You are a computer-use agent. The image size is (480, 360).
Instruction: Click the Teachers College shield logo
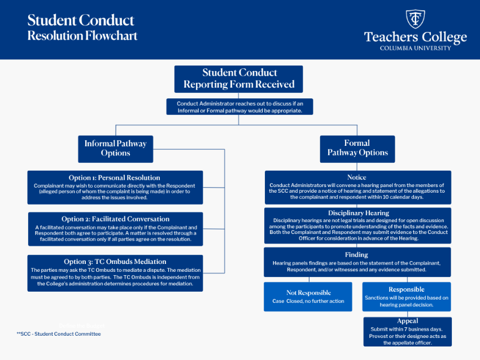416,19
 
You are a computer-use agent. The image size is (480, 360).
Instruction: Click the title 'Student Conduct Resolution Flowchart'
82,28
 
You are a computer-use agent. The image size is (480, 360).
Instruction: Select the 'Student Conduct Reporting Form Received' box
238,79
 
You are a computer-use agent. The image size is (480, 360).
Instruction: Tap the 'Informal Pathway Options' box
115,148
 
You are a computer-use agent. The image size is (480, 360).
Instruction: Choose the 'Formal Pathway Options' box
357,148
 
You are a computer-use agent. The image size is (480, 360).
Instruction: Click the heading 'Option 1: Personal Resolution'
115,177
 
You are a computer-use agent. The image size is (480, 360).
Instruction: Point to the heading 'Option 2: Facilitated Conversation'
115,219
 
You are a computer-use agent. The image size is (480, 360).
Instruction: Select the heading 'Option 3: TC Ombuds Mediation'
115,262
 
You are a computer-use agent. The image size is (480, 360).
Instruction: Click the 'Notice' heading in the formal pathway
357,177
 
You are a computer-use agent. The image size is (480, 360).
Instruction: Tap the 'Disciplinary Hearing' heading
358,213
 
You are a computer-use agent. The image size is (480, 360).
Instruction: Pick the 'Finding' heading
357,255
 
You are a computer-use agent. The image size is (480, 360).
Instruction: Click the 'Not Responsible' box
308,296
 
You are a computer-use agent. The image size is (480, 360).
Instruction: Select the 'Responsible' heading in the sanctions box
407,289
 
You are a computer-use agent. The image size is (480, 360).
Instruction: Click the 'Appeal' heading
407,321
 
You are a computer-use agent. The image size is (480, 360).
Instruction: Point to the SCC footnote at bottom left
59,334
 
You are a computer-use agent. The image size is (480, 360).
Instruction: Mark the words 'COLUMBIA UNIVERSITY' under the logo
415,49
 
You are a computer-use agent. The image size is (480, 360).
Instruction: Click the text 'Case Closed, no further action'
308,301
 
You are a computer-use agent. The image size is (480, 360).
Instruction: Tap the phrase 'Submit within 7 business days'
407,329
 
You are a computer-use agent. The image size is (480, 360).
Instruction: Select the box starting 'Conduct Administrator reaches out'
239,107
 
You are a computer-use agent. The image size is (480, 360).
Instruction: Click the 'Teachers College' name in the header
415,37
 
